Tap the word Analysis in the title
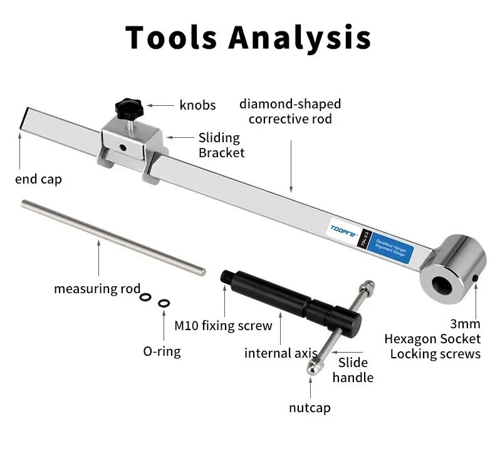(299, 37)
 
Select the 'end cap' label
(39, 180)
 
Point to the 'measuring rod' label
(97, 289)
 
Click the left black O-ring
(145, 298)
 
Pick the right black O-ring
(164, 303)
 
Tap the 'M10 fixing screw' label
(223, 326)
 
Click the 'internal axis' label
(276, 353)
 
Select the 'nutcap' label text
(310, 408)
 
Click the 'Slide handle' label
(353, 370)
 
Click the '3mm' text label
(465, 324)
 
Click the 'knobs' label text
(197, 105)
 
